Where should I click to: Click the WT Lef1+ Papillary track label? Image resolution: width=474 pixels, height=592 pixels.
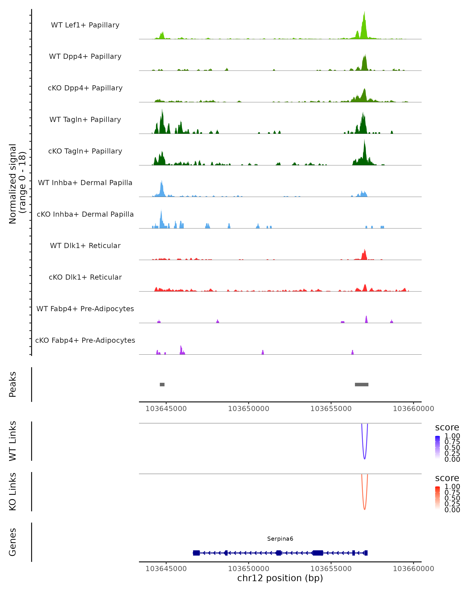pos(85,25)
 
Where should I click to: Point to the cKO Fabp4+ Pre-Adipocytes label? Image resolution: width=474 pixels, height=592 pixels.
pos(85,340)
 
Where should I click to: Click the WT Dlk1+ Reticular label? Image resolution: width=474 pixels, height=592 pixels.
pos(85,245)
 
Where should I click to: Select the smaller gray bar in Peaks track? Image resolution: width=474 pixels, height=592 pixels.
pos(162,384)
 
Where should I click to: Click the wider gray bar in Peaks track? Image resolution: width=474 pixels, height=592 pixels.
pos(362,384)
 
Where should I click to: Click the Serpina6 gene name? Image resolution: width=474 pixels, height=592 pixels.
pos(280,539)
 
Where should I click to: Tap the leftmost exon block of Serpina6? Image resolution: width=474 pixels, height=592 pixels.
pos(196,553)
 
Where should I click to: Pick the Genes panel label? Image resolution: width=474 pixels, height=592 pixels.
pos(13,542)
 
